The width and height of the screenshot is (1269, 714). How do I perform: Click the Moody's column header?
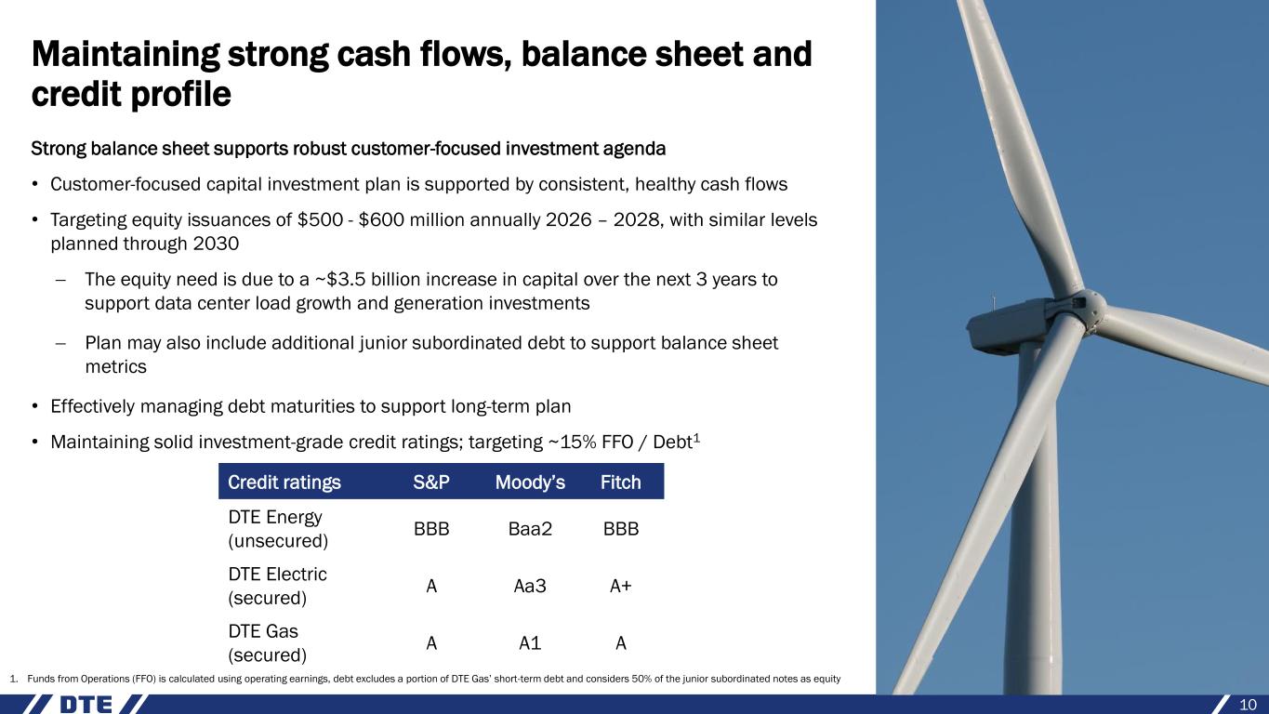[x=530, y=483]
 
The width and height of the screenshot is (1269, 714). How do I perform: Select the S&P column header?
[x=431, y=483]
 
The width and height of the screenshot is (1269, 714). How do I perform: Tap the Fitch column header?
[x=620, y=483]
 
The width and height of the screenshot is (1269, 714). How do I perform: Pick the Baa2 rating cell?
[x=530, y=529]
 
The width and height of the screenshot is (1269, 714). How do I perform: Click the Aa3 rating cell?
[x=530, y=586]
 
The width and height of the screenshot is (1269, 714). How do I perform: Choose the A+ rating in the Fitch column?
[x=620, y=586]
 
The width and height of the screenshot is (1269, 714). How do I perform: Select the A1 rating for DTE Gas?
[x=530, y=643]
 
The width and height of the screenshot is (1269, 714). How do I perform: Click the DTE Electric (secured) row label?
[x=278, y=586]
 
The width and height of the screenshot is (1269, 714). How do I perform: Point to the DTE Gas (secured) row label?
[x=268, y=643]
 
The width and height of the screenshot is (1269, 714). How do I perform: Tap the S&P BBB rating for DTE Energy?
[x=431, y=529]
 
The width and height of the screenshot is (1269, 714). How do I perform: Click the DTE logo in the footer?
[x=86, y=705]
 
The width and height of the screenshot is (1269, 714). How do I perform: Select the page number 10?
[x=1248, y=705]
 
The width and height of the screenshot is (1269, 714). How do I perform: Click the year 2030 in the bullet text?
[x=216, y=244]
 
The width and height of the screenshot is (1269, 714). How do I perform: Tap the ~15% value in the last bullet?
[x=572, y=442]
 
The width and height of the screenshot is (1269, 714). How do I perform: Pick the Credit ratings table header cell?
[x=284, y=483]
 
